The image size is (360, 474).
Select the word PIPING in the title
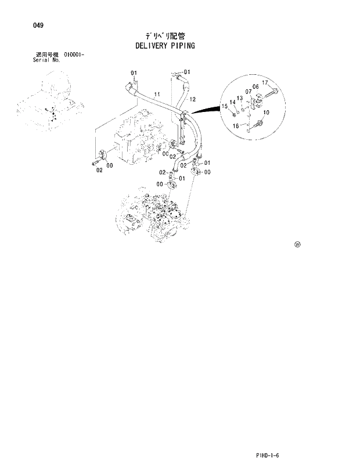point(183,45)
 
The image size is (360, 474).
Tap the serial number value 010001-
point(71,55)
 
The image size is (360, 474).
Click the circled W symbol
point(298,245)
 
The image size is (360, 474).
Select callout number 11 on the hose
point(157,94)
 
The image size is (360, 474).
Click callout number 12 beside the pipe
point(192,100)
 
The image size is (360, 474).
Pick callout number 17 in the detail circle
point(265,83)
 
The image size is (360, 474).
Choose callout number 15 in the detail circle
point(224,106)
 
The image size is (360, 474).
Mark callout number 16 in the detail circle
point(236,125)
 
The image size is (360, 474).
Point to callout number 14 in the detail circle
point(232,102)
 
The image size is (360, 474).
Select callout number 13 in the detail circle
point(239,98)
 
